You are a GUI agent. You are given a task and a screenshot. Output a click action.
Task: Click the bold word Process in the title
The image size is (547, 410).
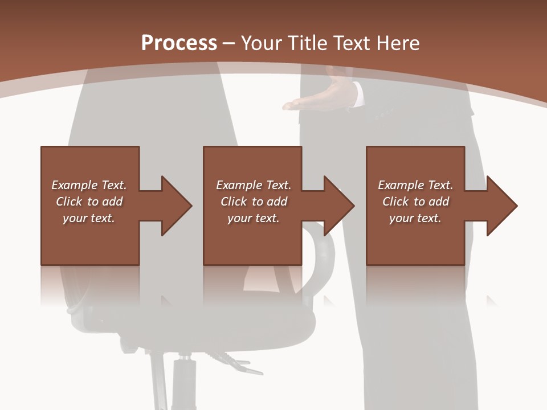(x=179, y=43)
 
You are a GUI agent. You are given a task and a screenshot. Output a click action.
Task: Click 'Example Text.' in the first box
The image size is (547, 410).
(x=89, y=185)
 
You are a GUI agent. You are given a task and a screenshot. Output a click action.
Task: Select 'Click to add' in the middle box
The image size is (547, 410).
(x=254, y=202)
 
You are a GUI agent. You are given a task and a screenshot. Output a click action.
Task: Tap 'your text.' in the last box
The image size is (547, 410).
(x=415, y=218)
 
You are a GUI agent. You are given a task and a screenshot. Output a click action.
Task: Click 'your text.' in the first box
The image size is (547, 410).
(x=89, y=218)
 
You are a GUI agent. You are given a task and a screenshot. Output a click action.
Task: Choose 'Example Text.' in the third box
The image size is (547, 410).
(x=415, y=185)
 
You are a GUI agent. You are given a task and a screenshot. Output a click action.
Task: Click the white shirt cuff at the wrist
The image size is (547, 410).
(x=358, y=93)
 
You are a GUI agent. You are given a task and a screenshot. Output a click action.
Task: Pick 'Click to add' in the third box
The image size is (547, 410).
(x=415, y=202)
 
